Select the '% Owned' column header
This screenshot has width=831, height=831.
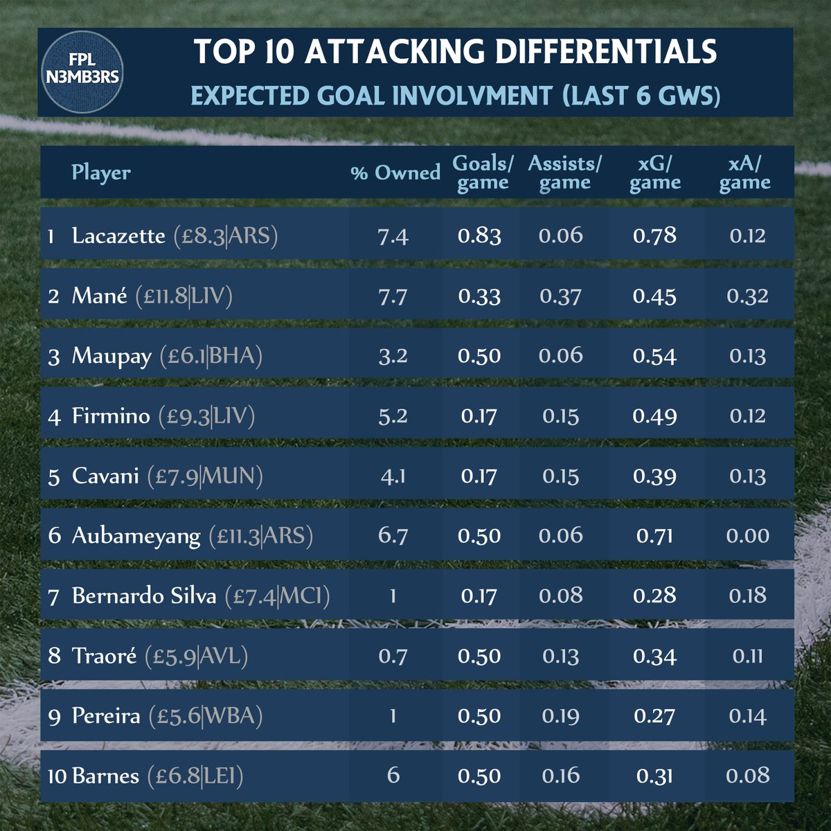tap(395, 172)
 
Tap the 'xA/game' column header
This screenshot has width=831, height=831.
tap(745, 172)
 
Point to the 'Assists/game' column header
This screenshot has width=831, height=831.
tap(565, 172)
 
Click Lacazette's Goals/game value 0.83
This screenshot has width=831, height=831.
tap(479, 236)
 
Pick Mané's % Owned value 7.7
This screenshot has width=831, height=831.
tap(393, 296)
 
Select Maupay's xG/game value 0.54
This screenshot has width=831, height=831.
tap(654, 356)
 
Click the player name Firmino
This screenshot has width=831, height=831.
tap(111, 416)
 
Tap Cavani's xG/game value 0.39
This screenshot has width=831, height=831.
tap(654, 476)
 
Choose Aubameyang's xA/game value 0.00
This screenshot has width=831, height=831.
tap(748, 536)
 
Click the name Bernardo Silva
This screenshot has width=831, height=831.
tap(144, 596)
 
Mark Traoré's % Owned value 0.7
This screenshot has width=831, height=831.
tap(393, 656)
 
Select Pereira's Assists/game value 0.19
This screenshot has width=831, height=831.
tap(560, 716)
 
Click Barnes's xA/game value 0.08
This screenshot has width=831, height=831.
tap(748, 776)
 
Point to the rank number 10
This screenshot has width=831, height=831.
tap(57, 776)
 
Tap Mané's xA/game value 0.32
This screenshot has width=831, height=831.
tap(748, 296)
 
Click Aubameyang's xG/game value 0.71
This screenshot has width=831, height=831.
tap(654, 536)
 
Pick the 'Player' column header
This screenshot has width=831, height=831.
tap(101, 172)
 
